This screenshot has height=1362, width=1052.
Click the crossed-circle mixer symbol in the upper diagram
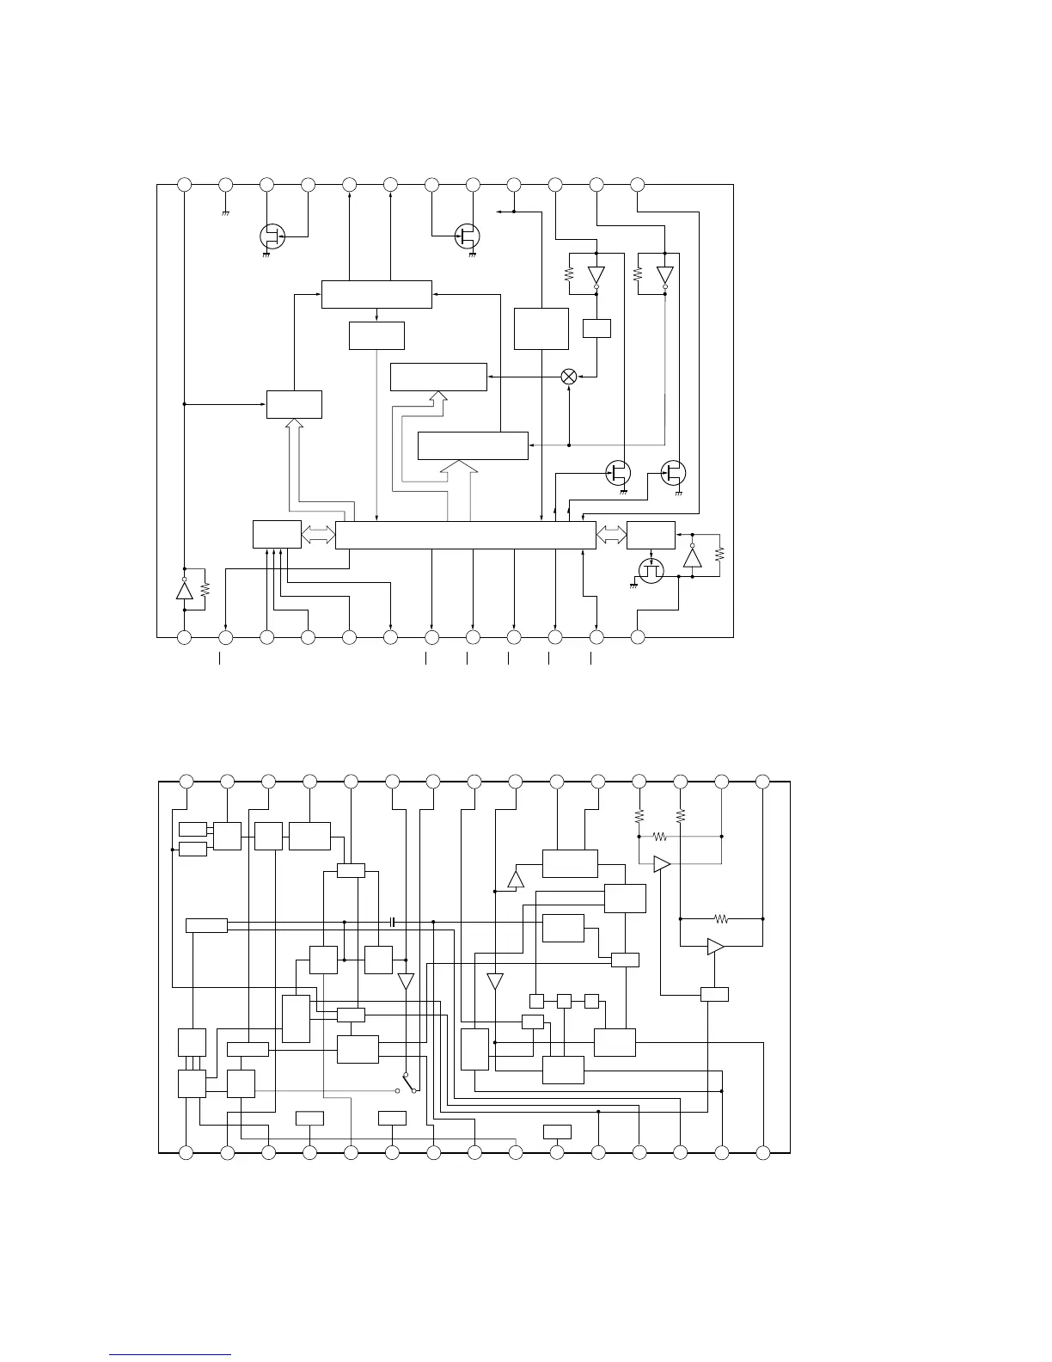[x=568, y=377]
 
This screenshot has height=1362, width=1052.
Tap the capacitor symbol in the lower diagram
[x=392, y=922]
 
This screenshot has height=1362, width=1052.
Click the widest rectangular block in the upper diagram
[x=465, y=534]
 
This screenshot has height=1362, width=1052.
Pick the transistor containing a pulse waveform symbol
[x=651, y=571]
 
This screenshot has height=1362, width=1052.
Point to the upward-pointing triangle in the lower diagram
[x=516, y=879]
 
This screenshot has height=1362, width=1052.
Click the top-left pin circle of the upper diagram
[x=184, y=184]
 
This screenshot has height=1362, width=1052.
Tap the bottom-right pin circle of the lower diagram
[x=762, y=1152]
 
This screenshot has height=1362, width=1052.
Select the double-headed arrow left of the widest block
[x=318, y=534]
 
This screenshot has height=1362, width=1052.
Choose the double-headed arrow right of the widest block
[x=611, y=534]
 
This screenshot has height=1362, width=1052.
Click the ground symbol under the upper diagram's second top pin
[x=225, y=211]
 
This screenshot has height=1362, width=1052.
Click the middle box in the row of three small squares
[x=564, y=1001]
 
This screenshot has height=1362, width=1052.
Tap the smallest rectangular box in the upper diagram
[x=596, y=328]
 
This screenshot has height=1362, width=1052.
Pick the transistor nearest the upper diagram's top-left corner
[x=272, y=236]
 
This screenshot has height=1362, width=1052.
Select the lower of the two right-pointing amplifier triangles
[x=715, y=947]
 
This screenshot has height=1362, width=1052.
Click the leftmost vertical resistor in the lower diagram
[x=639, y=814]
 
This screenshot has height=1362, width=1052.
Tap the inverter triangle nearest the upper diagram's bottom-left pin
[x=183, y=590]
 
